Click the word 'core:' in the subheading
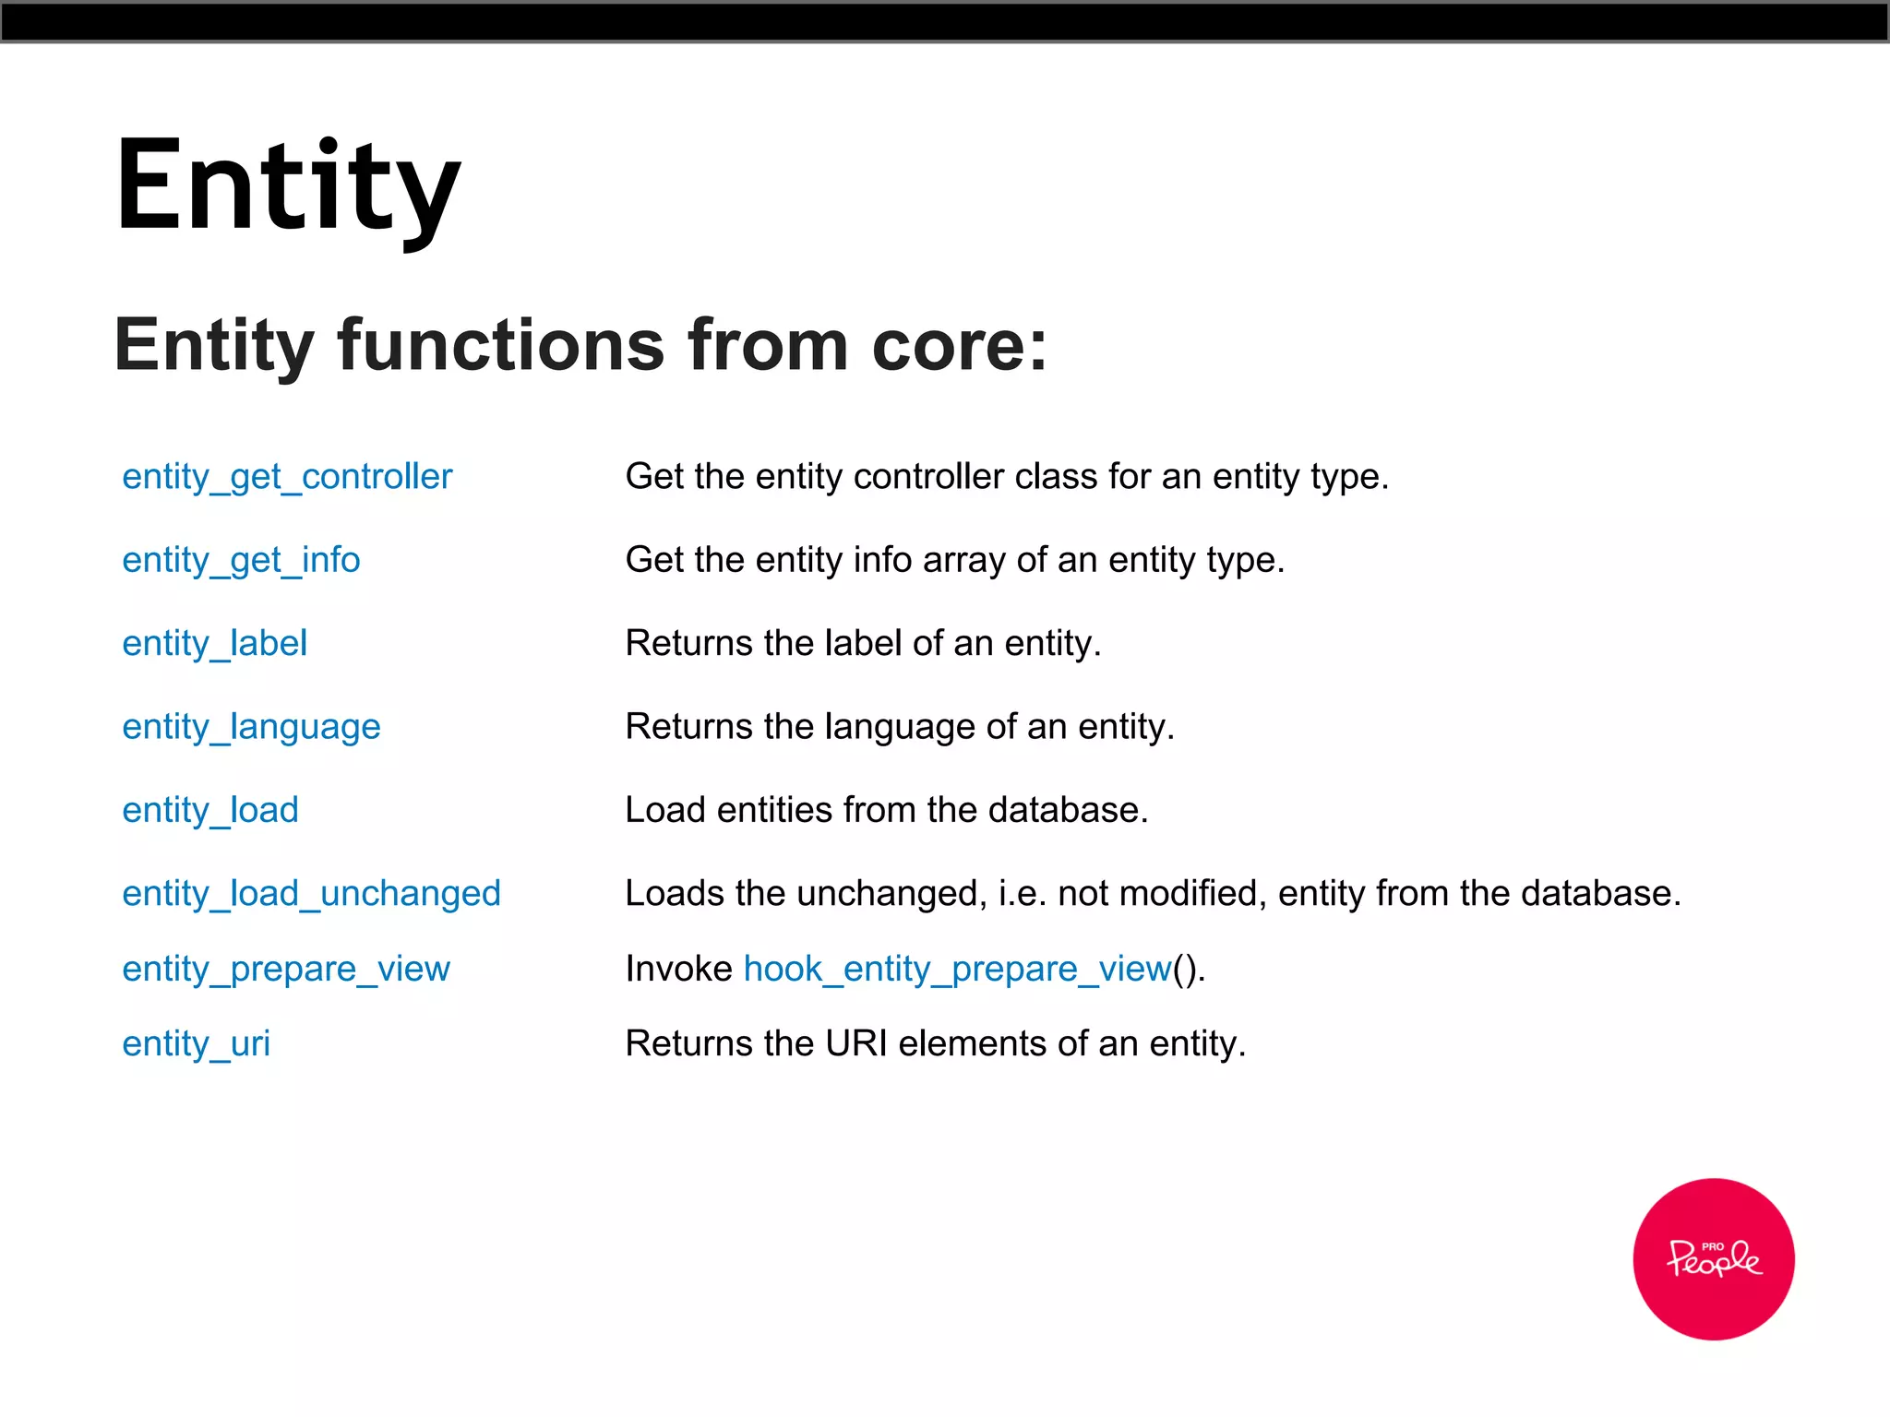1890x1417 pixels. [960, 346]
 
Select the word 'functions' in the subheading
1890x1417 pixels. [500, 346]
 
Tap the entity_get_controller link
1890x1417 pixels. [287, 477]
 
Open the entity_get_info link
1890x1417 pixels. [241, 560]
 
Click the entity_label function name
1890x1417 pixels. [214, 643]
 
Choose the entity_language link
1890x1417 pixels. [251, 727]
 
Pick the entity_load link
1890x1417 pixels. [210, 810]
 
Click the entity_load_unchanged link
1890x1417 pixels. [311, 893]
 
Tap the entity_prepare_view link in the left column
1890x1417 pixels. [286, 969]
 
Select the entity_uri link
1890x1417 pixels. [196, 1043]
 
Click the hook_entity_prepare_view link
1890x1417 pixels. [957, 969]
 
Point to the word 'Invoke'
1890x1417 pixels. [678, 969]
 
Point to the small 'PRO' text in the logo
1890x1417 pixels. [1712, 1245]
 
